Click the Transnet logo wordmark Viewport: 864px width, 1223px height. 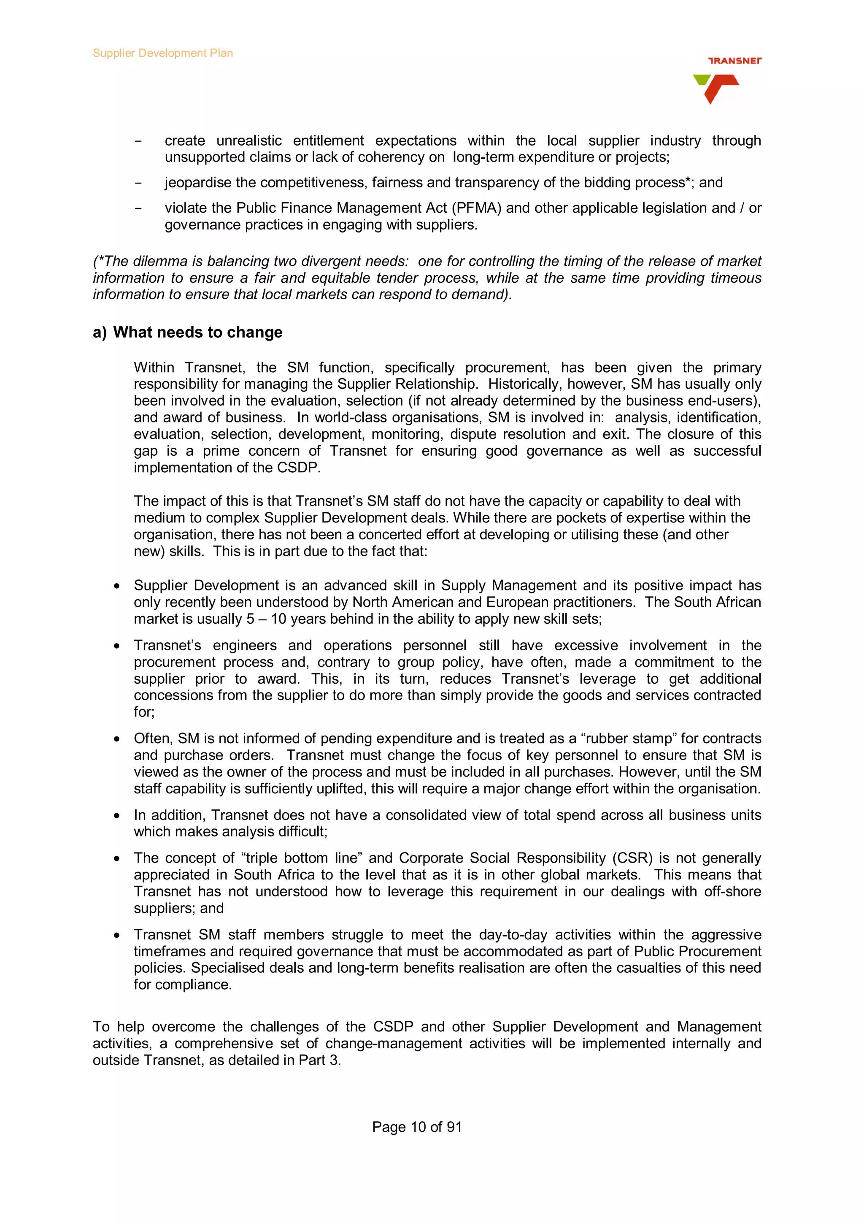click(734, 61)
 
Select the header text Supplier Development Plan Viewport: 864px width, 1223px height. click(162, 53)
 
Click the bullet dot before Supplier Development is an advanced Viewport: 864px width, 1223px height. click(116, 586)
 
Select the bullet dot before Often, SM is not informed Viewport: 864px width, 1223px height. click(116, 739)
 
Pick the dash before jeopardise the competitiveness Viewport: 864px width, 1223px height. click(138, 183)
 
